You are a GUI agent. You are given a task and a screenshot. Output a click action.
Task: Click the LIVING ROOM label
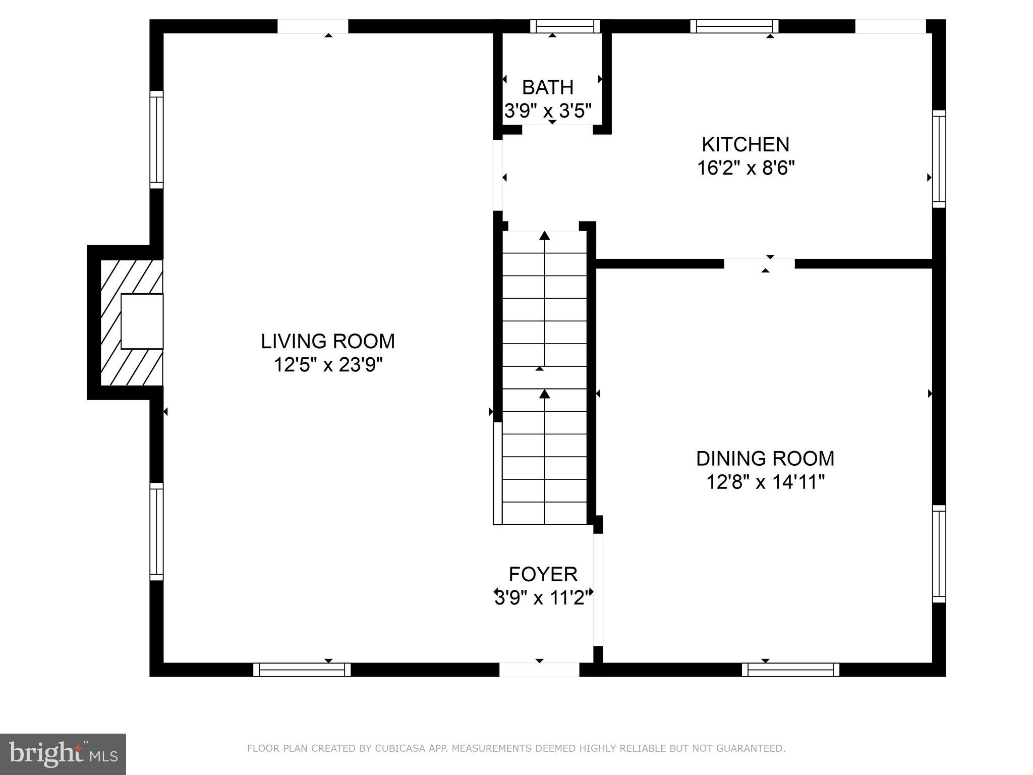(x=328, y=342)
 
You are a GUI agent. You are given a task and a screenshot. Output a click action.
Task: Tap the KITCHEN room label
(x=745, y=145)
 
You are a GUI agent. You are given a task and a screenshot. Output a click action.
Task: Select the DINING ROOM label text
(x=765, y=459)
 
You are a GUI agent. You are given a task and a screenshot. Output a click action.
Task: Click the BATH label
(x=548, y=88)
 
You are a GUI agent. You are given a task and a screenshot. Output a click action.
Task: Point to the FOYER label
(x=543, y=574)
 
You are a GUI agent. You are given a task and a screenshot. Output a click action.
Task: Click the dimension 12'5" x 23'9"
(x=328, y=365)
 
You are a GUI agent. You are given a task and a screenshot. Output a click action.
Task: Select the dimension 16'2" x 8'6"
(x=745, y=168)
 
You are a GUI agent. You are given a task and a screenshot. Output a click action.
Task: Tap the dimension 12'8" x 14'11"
(x=765, y=482)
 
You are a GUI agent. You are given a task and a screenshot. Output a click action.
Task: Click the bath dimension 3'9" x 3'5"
(x=548, y=111)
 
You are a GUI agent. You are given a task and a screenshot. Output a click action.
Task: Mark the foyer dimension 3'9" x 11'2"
(x=543, y=598)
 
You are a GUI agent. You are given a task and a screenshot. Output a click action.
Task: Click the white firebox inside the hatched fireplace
(x=142, y=321)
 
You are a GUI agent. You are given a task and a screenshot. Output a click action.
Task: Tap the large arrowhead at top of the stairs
(x=544, y=235)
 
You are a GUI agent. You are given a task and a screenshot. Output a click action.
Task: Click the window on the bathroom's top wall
(x=565, y=26)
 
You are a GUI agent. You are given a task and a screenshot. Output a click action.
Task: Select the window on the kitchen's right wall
(x=939, y=159)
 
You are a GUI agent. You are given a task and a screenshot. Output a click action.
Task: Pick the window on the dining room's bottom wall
(x=790, y=670)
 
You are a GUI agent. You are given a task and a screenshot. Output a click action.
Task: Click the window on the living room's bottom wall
(x=302, y=670)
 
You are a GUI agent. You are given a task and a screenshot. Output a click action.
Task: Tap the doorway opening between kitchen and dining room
(x=759, y=263)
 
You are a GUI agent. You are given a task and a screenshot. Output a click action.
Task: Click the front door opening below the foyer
(x=539, y=670)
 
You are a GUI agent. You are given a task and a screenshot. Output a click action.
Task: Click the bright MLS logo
(x=63, y=754)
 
